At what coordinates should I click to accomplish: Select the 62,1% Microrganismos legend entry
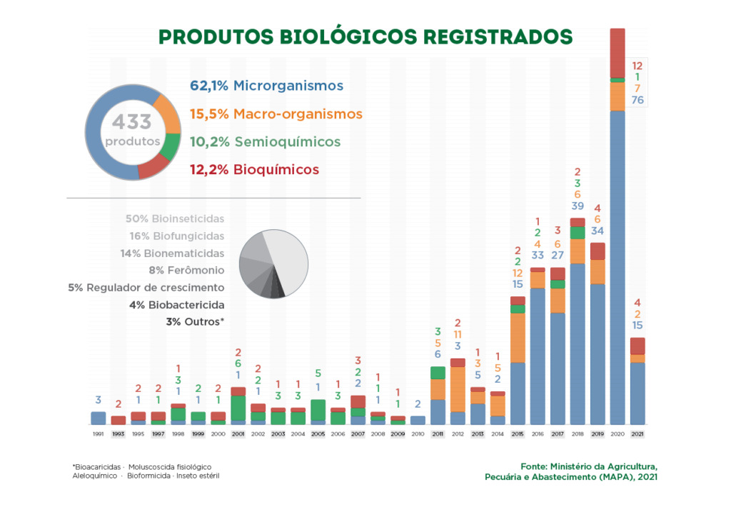coord(266,86)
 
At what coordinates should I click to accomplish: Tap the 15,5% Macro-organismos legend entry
coord(276,114)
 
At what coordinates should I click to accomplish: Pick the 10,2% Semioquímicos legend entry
coord(265,142)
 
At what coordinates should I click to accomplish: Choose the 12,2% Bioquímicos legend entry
coord(254,170)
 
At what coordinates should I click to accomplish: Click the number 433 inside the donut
coord(132,122)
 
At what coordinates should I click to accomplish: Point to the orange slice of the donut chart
coord(168,114)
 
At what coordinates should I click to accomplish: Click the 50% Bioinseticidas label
coord(175,219)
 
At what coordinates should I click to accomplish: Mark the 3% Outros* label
coord(195,322)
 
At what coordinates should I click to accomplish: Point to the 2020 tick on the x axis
coord(617,433)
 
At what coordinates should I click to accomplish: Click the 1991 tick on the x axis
coord(99,433)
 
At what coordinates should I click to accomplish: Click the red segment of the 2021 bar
coord(637,346)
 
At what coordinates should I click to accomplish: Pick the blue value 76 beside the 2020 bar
coord(637,100)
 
